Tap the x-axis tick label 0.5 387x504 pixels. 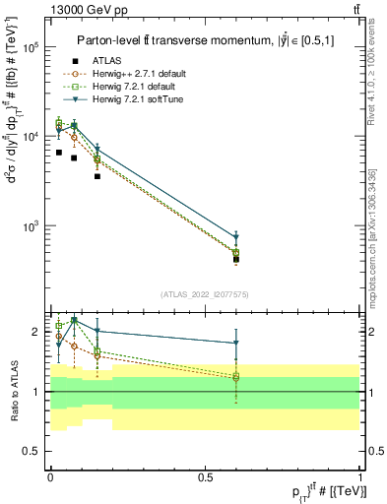pyautogui.click(x=205, y=475)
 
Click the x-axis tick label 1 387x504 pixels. pyautogui.click(x=359, y=475)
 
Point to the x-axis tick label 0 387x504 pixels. pyautogui.click(x=50, y=475)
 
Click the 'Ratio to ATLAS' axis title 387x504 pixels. pyautogui.click(x=12, y=391)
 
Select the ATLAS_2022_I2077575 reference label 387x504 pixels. pyautogui.click(x=205, y=293)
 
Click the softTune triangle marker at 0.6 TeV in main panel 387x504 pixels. pyautogui.click(x=236, y=237)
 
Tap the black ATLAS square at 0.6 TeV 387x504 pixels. pyautogui.click(x=236, y=260)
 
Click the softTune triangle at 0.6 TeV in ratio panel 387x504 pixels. pyautogui.click(x=236, y=343)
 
